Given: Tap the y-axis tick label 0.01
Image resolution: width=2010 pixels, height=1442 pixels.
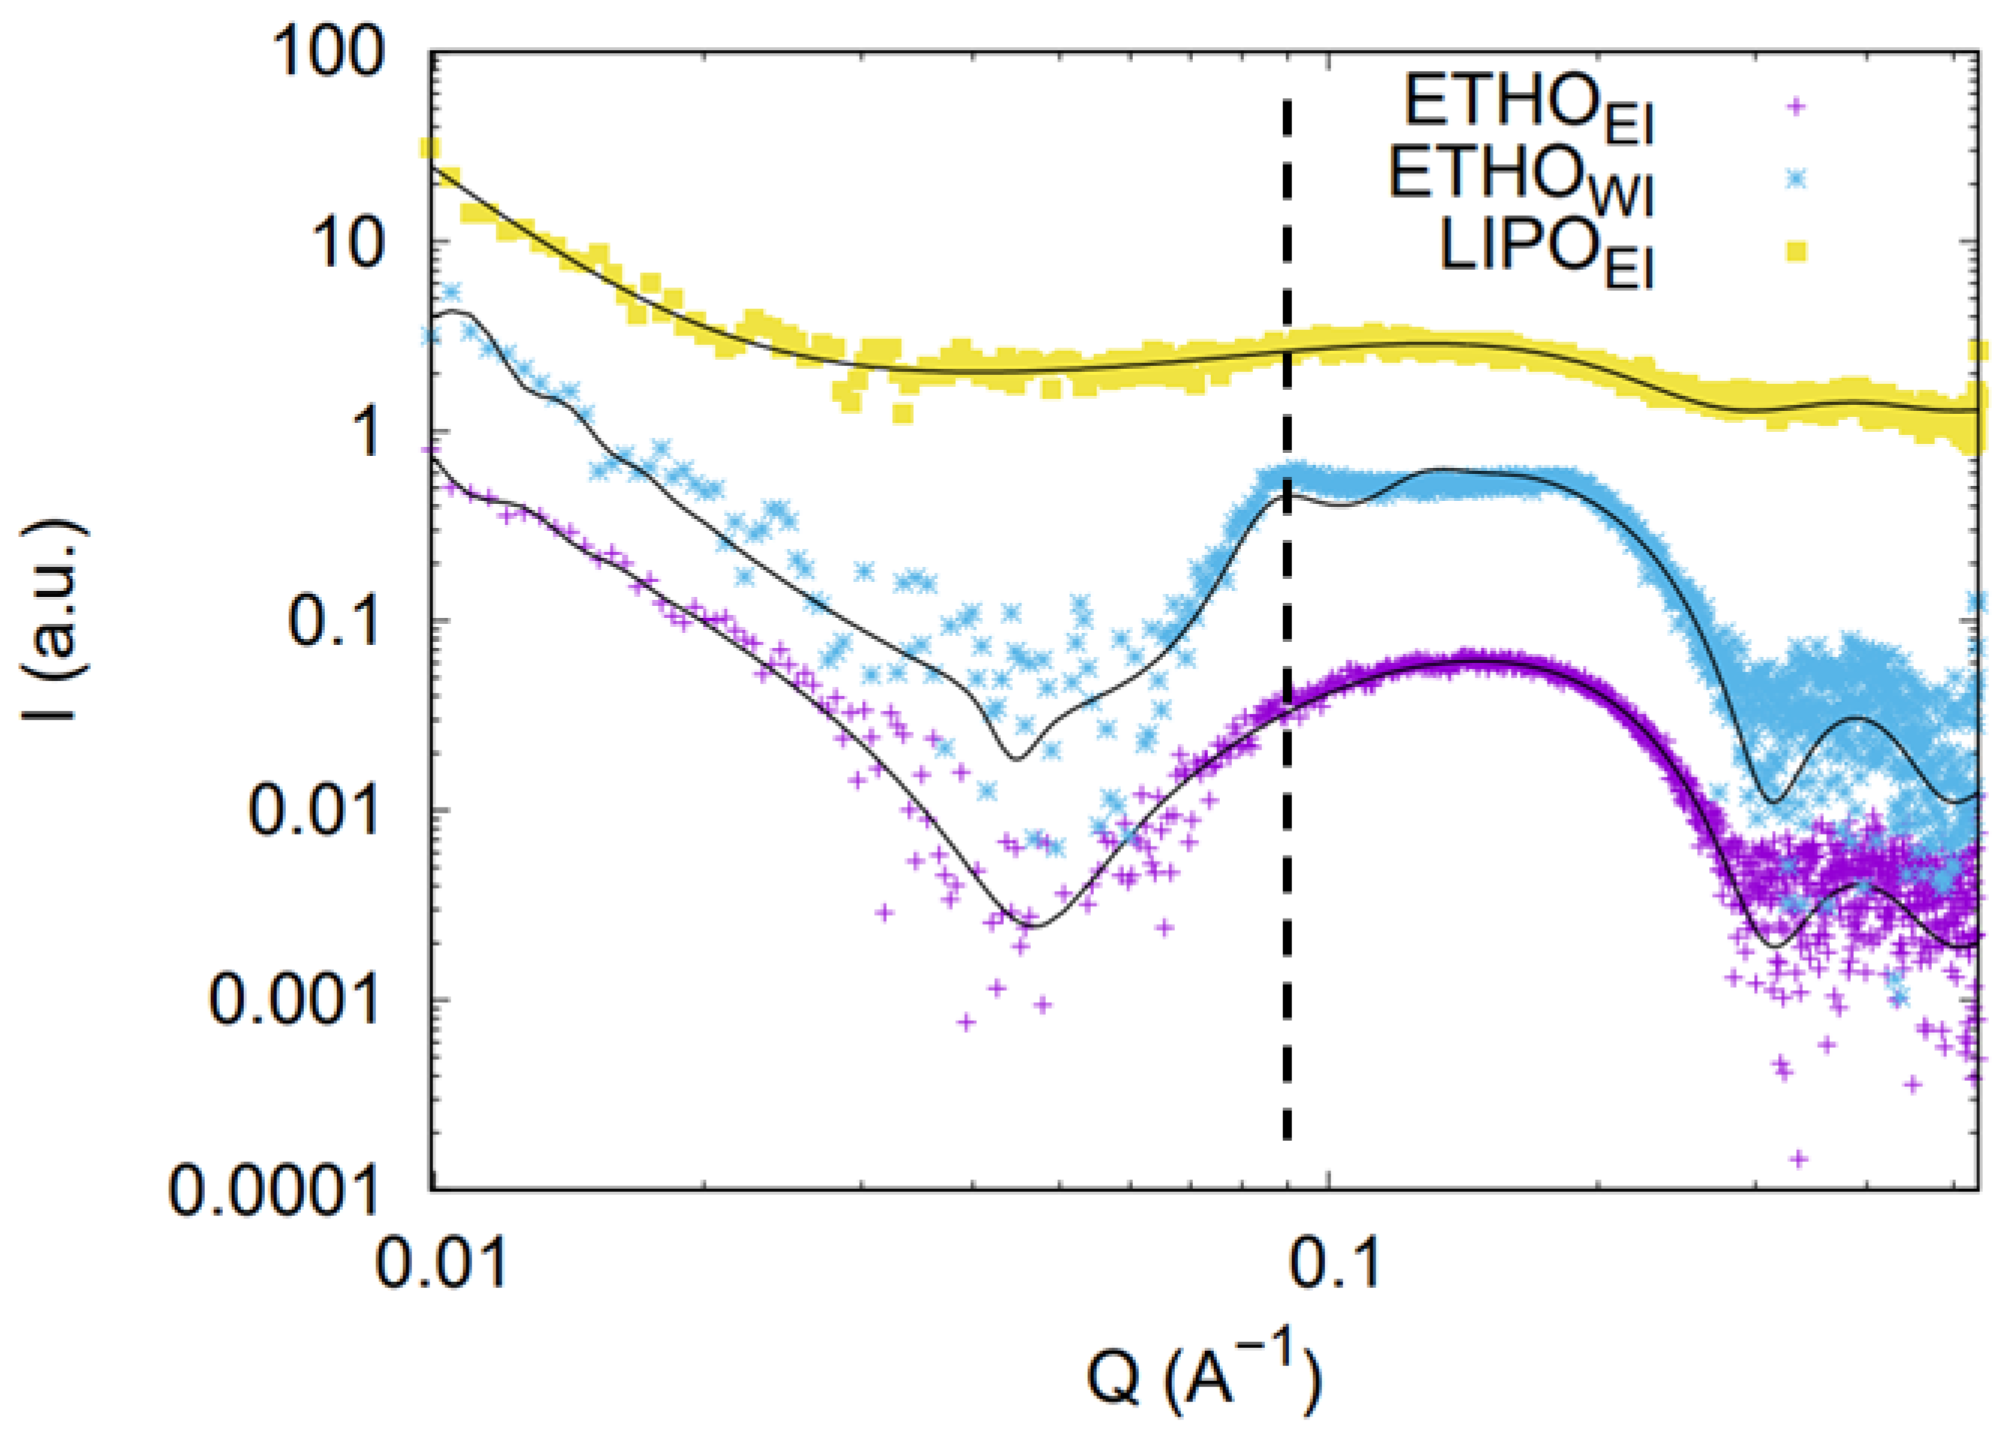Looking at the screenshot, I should coord(311,811).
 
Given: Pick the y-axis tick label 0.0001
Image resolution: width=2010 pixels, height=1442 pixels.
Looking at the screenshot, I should coord(275,1190).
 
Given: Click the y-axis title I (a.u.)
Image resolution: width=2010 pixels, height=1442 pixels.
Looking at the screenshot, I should coord(55,620).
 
